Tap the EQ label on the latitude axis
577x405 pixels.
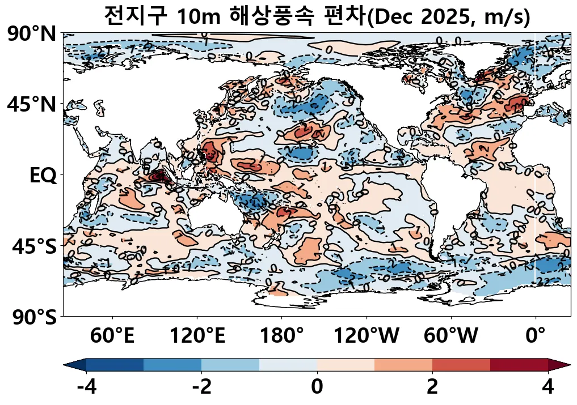(x=43, y=176)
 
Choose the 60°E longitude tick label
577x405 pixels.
(x=112, y=336)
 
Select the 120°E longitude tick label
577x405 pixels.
(x=197, y=336)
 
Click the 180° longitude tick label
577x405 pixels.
(x=281, y=336)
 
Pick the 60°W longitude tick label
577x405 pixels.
(x=451, y=336)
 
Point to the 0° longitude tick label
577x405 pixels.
(x=536, y=336)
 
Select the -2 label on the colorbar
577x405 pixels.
(x=201, y=387)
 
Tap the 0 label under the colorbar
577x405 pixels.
(x=317, y=387)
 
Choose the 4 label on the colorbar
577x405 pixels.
(x=547, y=387)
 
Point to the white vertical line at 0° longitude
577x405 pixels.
(x=535, y=159)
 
